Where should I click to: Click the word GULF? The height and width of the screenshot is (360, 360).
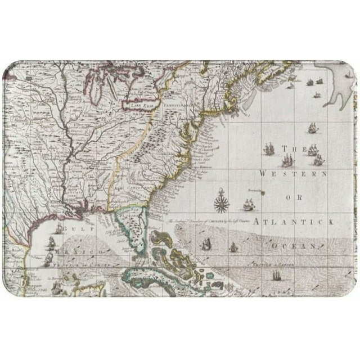point(73,229)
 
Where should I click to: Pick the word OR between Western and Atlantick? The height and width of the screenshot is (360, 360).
point(294,198)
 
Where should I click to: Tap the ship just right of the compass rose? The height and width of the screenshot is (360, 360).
point(248,205)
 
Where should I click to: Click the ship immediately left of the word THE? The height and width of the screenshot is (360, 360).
point(269,150)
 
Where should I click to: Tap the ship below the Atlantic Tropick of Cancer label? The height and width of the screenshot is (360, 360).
point(277,276)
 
